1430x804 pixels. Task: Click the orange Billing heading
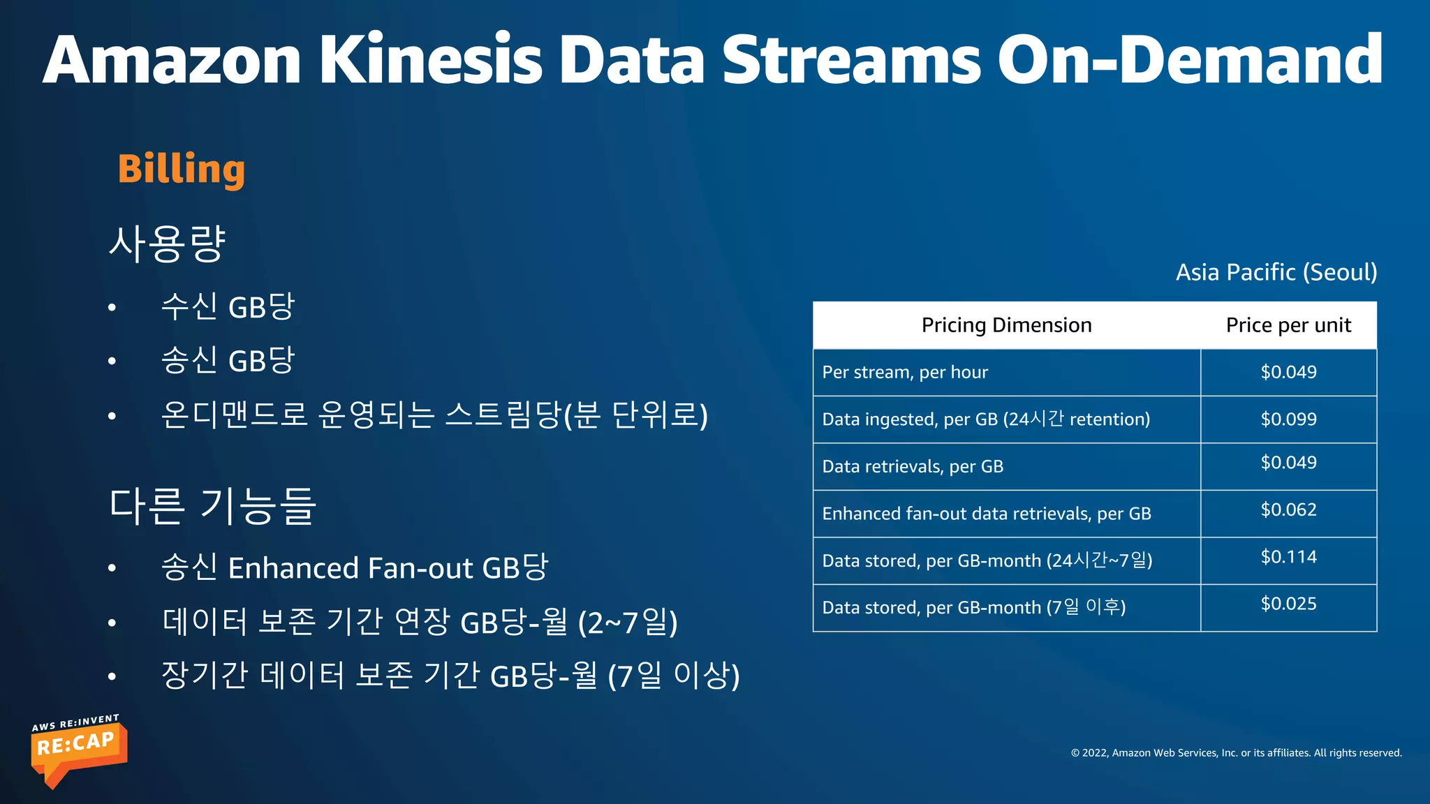pos(182,170)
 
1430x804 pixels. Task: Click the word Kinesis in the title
pos(431,60)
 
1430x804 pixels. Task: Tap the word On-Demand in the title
pos(1189,60)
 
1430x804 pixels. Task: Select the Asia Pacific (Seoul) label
pos(1276,272)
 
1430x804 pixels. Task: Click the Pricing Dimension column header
pos(1006,325)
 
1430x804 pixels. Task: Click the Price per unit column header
pos(1288,325)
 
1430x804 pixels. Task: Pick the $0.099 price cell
pos(1288,419)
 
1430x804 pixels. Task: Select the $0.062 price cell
pos(1288,509)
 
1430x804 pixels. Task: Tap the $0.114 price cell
pos(1288,557)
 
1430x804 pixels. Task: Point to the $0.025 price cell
pos(1288,604)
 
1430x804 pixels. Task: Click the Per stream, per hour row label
pos(905,373)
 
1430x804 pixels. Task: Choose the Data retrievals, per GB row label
pos(913,466)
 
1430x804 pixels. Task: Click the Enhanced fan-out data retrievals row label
pos(986,514)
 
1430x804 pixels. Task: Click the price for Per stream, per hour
pos(1288,372)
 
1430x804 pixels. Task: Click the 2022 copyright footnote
pos(1236,752)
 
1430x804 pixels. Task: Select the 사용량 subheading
pos(168,244)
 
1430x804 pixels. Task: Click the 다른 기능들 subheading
pos(213,506)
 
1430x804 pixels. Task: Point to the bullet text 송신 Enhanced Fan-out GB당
pos(355,567)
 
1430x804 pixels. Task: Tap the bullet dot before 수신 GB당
pos(112,308)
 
